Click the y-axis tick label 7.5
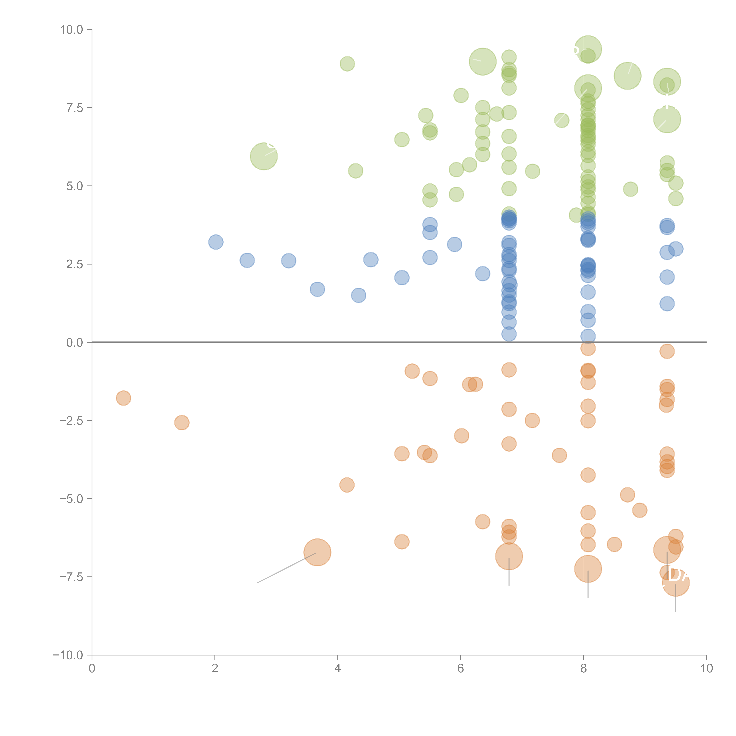[74, 108]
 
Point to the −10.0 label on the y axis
[68, 655]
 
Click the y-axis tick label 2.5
[74, 264]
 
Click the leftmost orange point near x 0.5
[124, 398]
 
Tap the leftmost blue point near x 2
[216, 242]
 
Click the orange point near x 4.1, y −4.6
[347, 485]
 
